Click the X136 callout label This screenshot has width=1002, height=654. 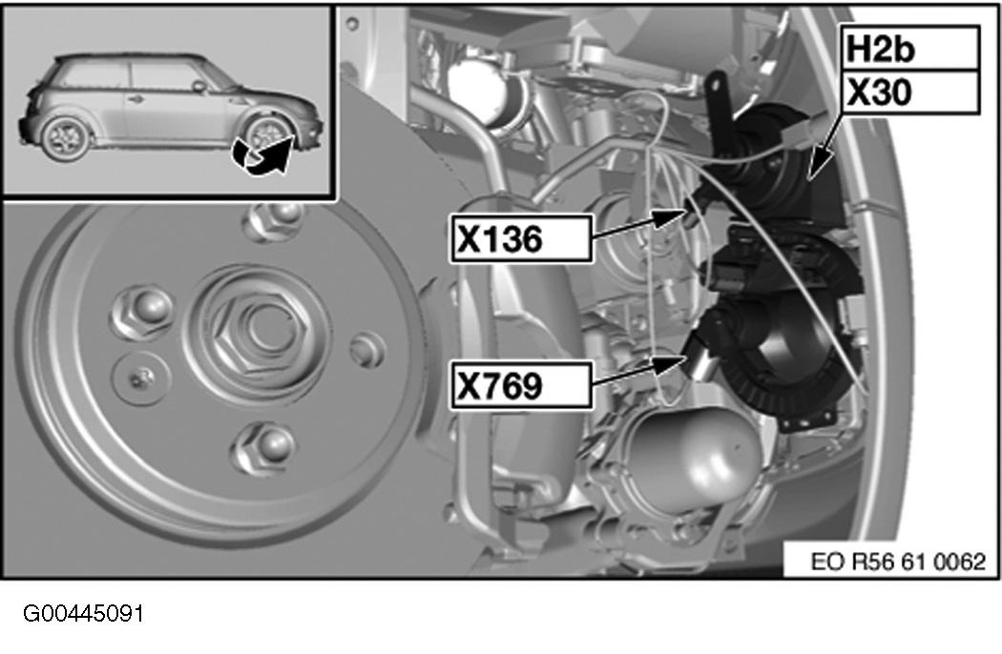521,239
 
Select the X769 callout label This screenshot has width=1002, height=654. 521,385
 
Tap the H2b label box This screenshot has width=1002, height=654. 909,49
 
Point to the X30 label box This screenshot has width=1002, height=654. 909,92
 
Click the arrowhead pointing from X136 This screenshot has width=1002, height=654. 672,217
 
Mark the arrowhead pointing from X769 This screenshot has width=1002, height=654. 672,364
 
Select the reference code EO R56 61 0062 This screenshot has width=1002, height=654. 898,562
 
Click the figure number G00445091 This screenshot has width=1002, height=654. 84,614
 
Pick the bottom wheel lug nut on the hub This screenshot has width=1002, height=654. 264,446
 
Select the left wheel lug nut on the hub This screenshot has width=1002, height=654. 142,313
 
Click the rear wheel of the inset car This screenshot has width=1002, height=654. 65,136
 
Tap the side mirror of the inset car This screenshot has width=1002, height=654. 199,85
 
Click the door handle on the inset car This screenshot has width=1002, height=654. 135,99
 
